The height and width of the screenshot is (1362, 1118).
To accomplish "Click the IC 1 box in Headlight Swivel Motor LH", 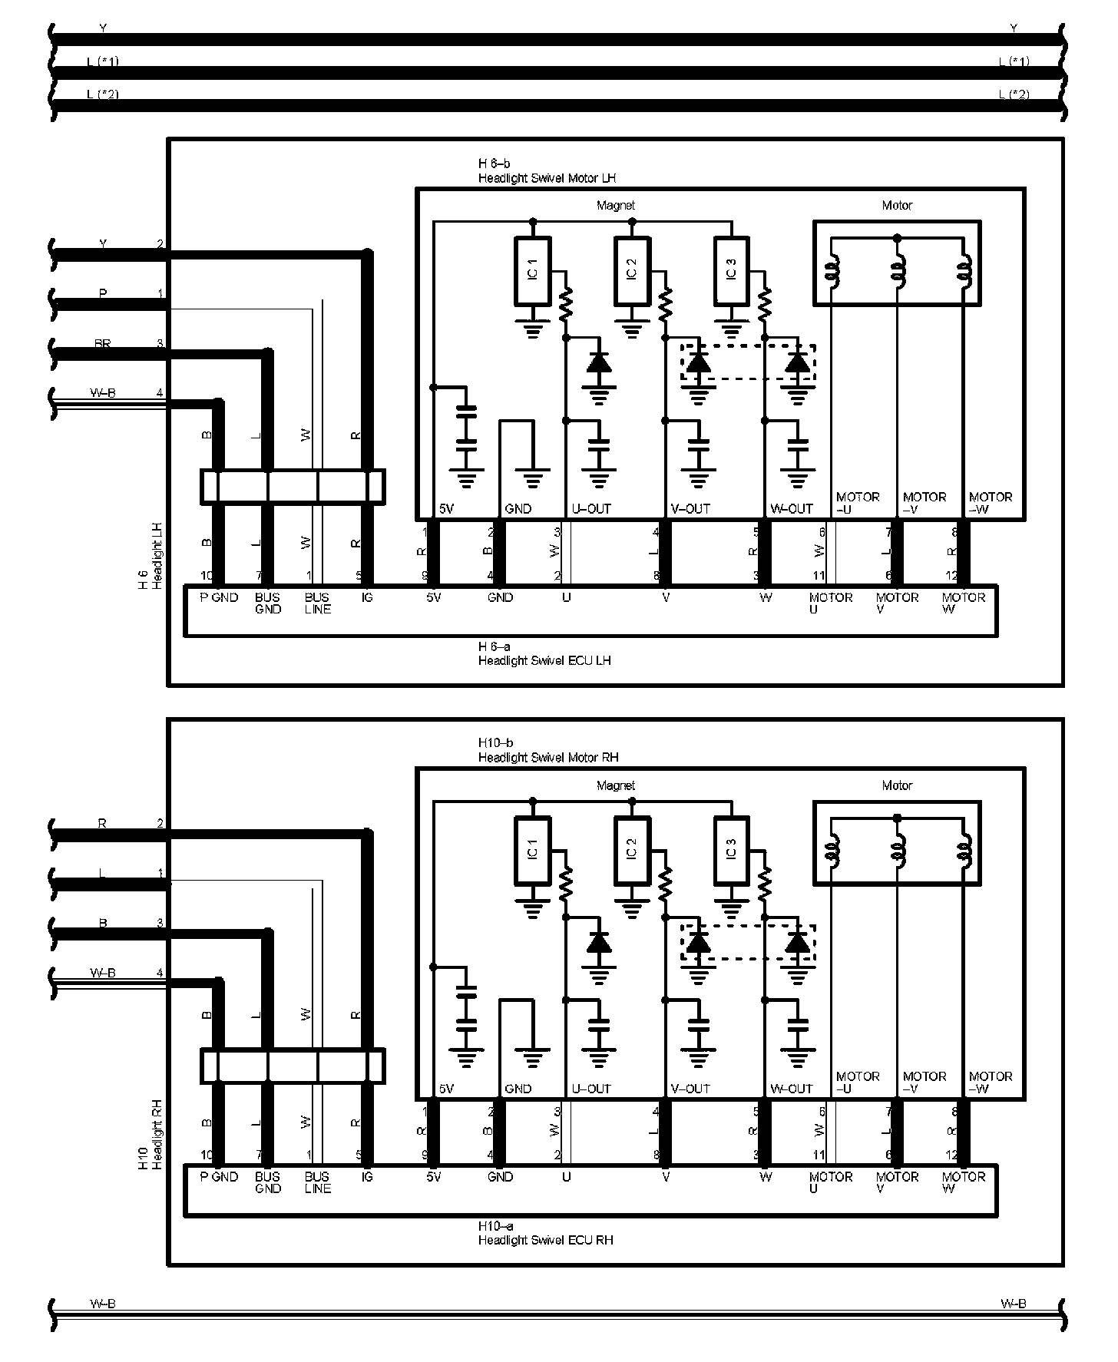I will tap(532, 270).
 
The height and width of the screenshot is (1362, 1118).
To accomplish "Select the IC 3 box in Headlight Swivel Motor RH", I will tap(731, 850).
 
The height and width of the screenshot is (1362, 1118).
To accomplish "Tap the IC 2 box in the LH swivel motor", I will tap(632, 270).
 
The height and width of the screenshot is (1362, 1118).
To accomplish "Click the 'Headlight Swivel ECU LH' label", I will tap(544, 660).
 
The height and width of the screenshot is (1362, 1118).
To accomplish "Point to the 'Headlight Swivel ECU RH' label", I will tap(545, 1240).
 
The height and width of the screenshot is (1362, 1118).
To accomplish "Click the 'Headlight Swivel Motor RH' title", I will tap(548, 758).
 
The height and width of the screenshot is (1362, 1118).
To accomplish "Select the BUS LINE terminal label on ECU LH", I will tap(317, 603).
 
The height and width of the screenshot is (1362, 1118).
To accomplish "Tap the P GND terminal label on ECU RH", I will tap(219, 1177).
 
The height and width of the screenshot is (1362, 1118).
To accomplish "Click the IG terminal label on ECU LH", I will tap(367, 597).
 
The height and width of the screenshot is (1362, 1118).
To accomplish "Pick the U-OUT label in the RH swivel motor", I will tap(591, 1089).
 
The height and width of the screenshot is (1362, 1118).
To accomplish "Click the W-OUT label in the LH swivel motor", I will tap(791, 509).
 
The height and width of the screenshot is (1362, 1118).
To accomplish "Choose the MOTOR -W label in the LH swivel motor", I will tap(991, 503).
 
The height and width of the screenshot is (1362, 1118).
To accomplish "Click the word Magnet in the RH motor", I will tap(616, 785).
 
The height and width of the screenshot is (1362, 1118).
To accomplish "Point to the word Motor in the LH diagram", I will tap(897, 206).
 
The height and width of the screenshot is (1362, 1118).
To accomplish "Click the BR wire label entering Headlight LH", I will tap(103, 344).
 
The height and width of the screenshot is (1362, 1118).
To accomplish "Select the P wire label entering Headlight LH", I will tap(103, 294).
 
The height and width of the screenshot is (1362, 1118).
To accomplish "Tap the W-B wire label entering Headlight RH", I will tap(103, 973).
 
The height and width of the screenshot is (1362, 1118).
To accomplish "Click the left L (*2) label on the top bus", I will tap(103, 94).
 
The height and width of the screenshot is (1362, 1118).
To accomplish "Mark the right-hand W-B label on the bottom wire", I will tap(1014, 1304).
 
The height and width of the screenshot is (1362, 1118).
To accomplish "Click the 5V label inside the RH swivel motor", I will tap(447, 1089).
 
